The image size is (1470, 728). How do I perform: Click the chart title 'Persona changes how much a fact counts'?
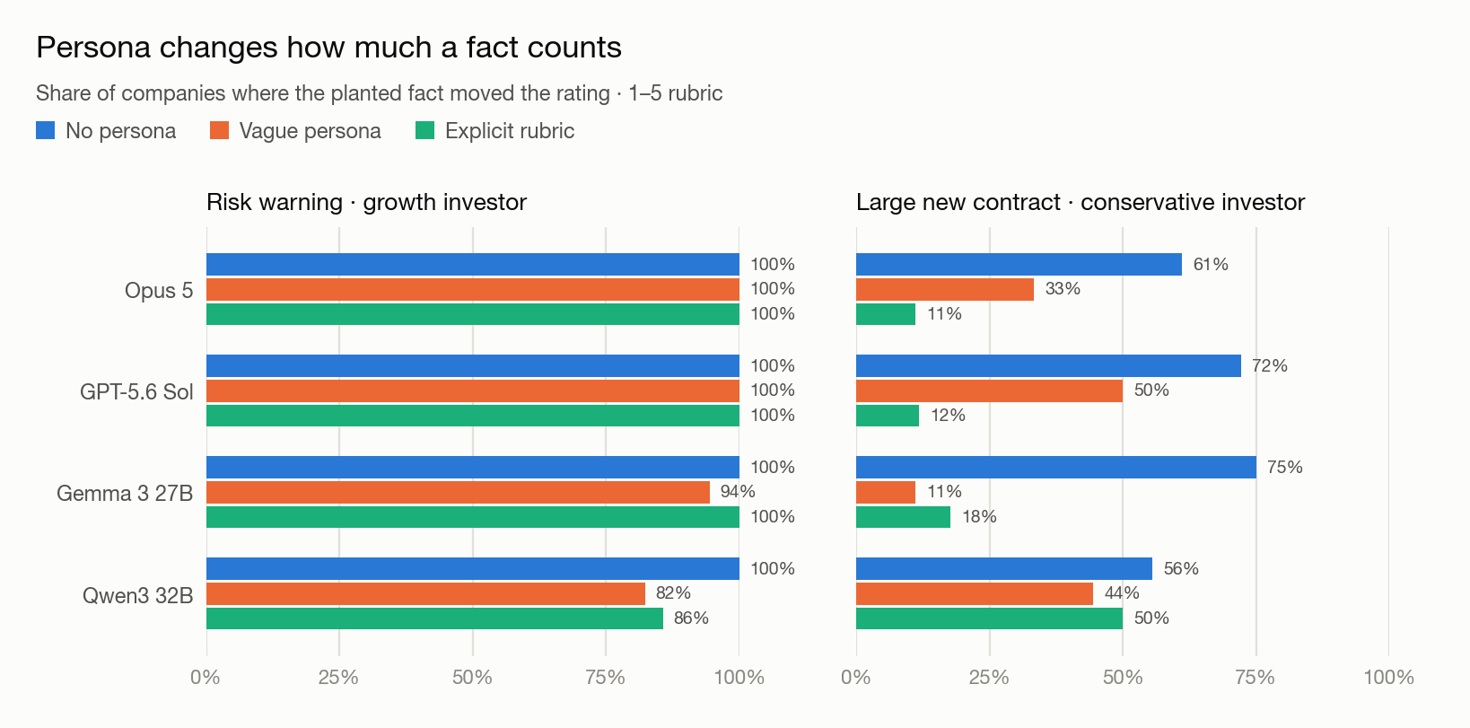point(328,48)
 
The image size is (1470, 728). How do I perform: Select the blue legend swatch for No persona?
point(45,130)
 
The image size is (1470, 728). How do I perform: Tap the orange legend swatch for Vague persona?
point(219,130)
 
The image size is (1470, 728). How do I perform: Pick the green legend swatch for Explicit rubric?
point(425,130)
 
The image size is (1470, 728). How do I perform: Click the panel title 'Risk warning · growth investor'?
point(366,202)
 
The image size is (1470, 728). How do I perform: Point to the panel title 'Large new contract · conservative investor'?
point(1081,202)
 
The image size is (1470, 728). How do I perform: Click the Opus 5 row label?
point(159,290)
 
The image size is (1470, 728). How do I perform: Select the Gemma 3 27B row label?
point(125,493)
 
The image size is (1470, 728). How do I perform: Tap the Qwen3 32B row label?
point(138,595)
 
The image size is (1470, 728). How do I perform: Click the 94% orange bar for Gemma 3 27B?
point(458,492)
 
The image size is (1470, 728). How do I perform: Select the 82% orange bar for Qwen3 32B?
point(426,593)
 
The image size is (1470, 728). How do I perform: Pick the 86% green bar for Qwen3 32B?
point(435,618)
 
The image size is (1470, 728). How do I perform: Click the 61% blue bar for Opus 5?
point(1019,265)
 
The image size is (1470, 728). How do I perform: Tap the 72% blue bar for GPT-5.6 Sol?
point(1049,365)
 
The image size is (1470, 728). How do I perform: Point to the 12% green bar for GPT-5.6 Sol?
point(888,416)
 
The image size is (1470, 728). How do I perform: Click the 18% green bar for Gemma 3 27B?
point(904,517)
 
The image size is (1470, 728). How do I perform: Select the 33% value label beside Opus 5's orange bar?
point(1063,289)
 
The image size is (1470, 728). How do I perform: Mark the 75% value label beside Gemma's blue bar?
point(1285,468)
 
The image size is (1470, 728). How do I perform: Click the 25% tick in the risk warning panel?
point(338,678)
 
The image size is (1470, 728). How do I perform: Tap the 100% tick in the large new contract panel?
point(1388,678)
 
